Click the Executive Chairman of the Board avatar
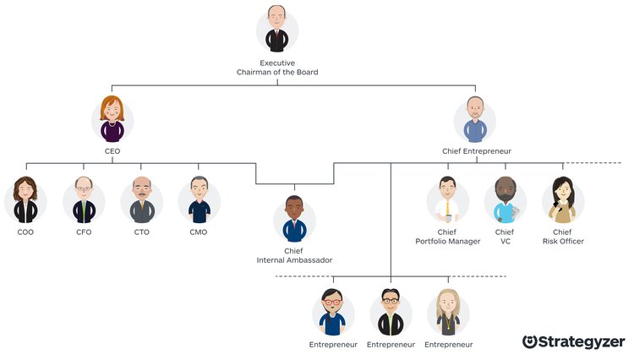pyautogui.click(x=277, y=30)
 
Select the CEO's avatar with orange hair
pyautogui.click(x=112, y=120)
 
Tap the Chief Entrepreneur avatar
pyautogui.click(x=475, y=120)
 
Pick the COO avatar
pyautogui.click(x=25, y=200)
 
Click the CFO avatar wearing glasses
pyautogui.click(x=84, y=200)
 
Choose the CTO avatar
pyautogui.click(x=141, y=200)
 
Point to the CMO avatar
pyautogui.click(x=199, y=200)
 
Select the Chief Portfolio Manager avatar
pyautogui.click(x=448, y=200)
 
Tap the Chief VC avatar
pyautogui.click(x=505, y=200)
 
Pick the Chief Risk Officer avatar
pyautogui.click(x=563, y=200)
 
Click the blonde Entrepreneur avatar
pyautogui.click(x=448, y=313)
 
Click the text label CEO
pyautogui.click(x=112, y=151)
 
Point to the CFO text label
pyautogui.click(x=84, y=232)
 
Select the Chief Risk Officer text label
pyautogui.click(x=563, y=237)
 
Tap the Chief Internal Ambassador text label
pyautogui.click(x=293, y=255)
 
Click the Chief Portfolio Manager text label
pyautogui.click(x=448, y=237)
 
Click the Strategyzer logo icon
pyautogui.click(x=530, y=341)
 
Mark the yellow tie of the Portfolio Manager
pyautogui.click(x=447, y=208)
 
